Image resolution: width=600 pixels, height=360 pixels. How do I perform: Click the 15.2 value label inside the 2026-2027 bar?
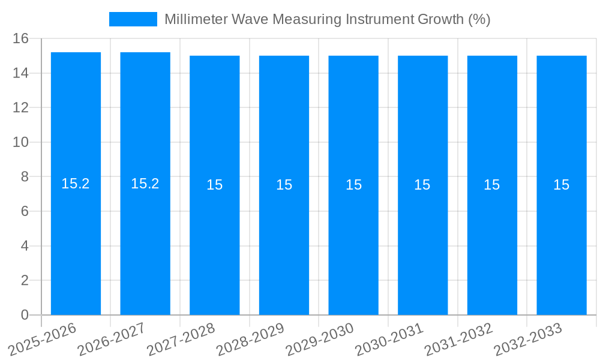pyautogui.click(x=145, y=184)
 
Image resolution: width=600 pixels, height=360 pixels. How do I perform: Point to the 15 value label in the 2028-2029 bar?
pyautogui.click(x=284, y=185)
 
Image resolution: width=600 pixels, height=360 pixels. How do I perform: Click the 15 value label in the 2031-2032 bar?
pyautogui.click(x=492, y=185)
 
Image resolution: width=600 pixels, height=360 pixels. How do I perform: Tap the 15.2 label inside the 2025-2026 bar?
pyautogui.click(x=76, y=184)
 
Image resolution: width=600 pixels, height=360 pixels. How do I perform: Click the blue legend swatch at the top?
pyautogui.click(x=133, y=19)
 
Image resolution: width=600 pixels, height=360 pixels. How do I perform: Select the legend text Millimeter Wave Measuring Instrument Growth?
pyautogui.click(x=327, y=19)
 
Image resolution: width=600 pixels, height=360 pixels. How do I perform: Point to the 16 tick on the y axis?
pyautogui.click(x=21, y=38)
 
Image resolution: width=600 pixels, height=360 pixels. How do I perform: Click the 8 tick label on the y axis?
pyautogui.click(x=25, y=177)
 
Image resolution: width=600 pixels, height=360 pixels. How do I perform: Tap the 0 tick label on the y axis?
pyautogui.click(x=25, y=315)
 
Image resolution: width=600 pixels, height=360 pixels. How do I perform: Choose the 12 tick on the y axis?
pyautogui.click(x=21, y=107)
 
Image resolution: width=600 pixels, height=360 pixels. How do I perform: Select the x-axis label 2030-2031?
pyautogui.click(x=388, y=339)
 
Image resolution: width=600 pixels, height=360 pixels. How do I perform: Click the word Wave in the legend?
pyautogui.click(x=254, y=19)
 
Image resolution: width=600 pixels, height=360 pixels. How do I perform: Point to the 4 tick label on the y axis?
pyautogui.click(x=25, y=246)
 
